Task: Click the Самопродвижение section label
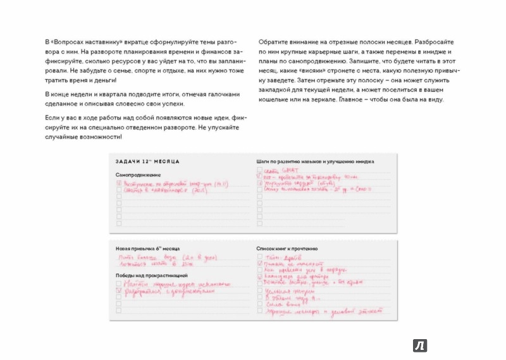pos(138,174)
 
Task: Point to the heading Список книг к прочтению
pos(292,249)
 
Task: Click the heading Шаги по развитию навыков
pos(315,161)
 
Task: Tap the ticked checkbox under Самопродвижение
pos(118,182)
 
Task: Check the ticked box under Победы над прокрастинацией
pos(118,292)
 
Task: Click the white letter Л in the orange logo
pos(419,345)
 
